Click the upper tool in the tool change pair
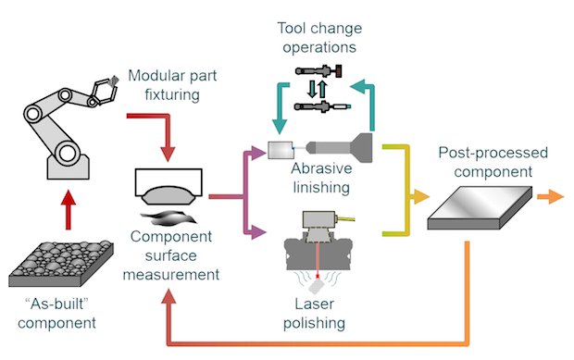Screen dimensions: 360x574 pyautogui.click(x=318, y=71)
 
